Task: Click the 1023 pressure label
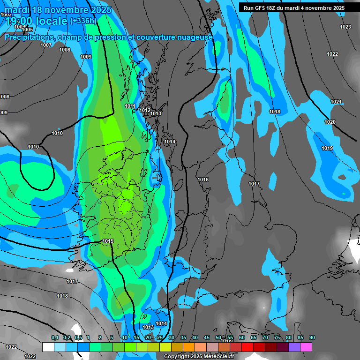345,27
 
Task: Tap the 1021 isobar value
336,102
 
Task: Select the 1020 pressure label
330,122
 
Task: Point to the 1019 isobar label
327,148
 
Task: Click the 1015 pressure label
108,241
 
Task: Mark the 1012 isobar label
145,110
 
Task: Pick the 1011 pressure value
130,106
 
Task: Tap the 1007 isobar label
46,45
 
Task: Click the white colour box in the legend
48,347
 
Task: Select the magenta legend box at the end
306,347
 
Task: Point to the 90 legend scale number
312,337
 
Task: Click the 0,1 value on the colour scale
55,337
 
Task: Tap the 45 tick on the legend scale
207,337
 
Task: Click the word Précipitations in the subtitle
29,37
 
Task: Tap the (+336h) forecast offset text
83,21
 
